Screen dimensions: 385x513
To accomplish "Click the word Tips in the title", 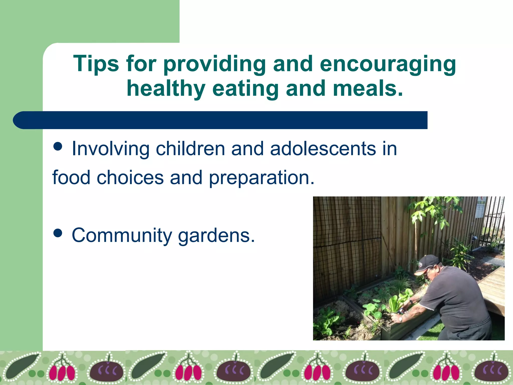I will pos(96,64).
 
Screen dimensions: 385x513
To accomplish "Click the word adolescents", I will pos(323,149).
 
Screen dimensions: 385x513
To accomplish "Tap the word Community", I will pos(122,236).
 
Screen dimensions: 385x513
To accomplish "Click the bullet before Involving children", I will pos(58,146).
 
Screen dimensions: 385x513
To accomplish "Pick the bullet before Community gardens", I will pos(58,233).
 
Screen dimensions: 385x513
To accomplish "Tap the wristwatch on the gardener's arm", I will pos(401,319).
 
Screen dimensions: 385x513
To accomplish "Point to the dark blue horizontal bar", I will pos(220,120).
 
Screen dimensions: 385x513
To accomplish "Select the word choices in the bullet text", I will pos(130,177).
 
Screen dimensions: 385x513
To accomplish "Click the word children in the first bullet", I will pos(190,149).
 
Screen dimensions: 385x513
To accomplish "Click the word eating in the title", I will pos(245,89).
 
